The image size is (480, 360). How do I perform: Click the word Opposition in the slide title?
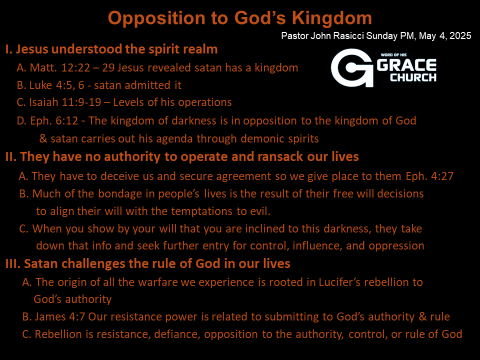pyautogui.click(x=156, y=18)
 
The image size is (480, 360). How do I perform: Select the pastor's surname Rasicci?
pyautogui.click(x=348, y=36)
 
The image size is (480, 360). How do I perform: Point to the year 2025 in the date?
pyautogui.click(x=460, y=36)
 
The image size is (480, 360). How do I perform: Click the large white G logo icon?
pyautogui.click(x=351, y=67)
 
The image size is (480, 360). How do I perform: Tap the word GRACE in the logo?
pyautogui.click(x=406, y=65)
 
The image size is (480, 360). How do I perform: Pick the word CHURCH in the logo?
pyautogui.click(x=413, y=77)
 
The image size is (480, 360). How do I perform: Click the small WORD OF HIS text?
pyautogui.click(x=393, y=55)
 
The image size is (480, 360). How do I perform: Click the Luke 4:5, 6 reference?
pyautogui.click(x=56, y=85)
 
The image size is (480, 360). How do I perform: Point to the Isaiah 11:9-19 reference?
pyautogui.click(x=65, y=102)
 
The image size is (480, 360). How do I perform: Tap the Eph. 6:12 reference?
pyautogui.click(x=54, y=120)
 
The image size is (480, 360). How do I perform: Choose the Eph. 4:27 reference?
pyautogui.click(x=429, y=176)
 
